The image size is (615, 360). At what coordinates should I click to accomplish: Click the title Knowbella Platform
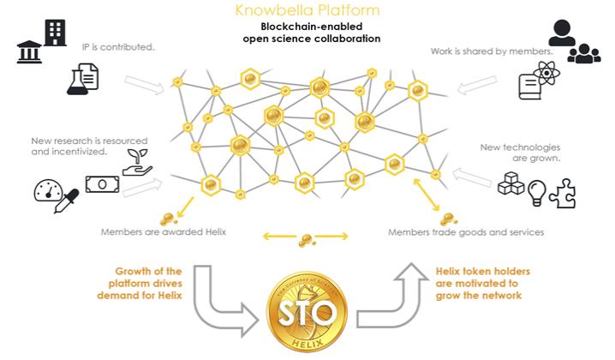[307, 10]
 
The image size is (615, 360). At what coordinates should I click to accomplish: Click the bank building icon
[28, 51]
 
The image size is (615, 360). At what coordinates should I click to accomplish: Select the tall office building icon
[54, 33]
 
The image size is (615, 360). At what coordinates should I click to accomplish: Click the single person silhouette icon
[562, 33]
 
